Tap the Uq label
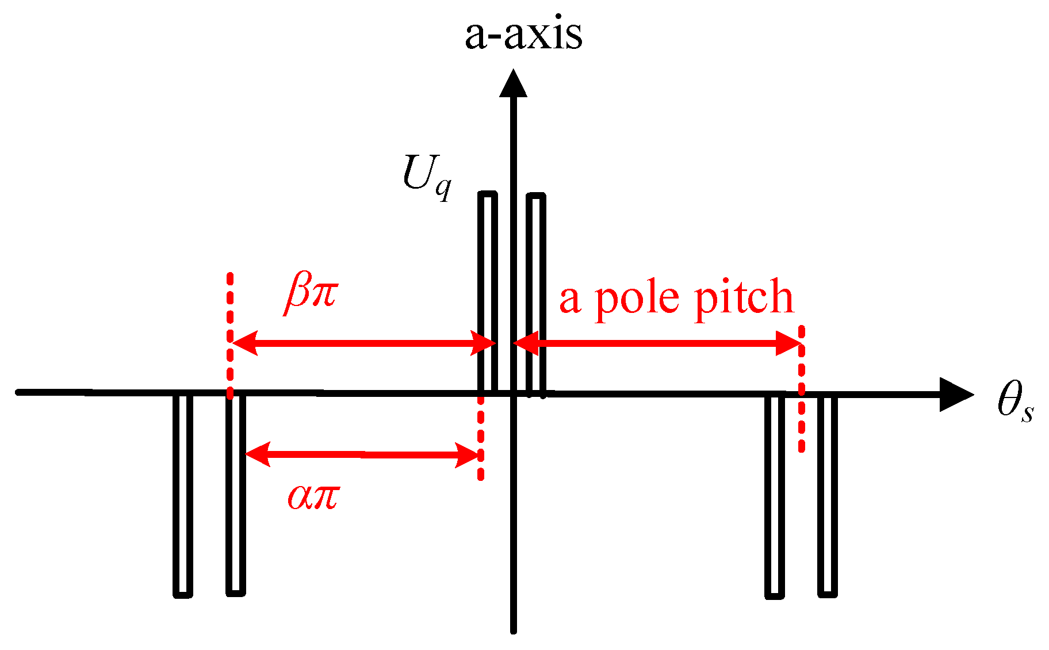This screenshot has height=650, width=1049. (x=426, y=175)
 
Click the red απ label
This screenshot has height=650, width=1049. (x=313, y=496)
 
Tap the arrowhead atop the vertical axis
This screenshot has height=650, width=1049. (x=513, y=83)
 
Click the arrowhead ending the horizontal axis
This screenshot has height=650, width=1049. (x=956, y=395)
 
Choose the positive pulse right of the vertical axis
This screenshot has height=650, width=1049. (x=536, y=293)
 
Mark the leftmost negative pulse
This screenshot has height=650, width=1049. (x=183, y=495)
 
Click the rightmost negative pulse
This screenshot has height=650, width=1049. (x=828, y=495)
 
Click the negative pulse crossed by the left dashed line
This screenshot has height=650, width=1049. (x=235, y=495)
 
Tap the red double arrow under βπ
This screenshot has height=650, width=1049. (x=362, y=344)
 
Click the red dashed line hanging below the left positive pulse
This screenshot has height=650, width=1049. (x=480, y=437)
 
